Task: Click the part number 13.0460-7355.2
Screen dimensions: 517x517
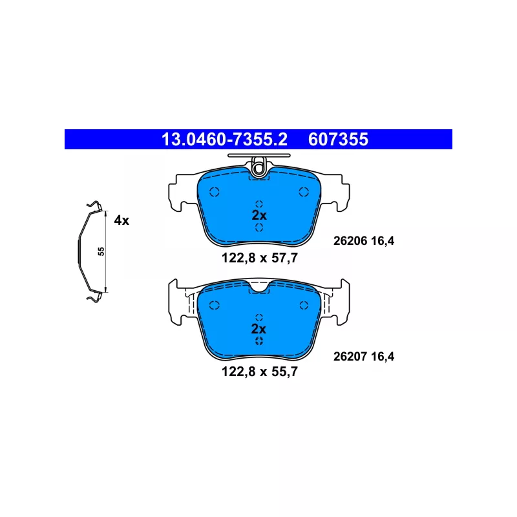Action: [x=224, y=140]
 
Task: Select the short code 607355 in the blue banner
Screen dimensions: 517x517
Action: [x=338, y=140]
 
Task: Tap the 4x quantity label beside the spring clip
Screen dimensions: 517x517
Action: [x=121, y=220]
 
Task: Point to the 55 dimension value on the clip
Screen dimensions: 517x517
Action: [x=101, y=251]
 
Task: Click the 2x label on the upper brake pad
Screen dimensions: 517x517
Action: [x=259, y=215]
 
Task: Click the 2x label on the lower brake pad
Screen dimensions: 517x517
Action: [x=258, y=329]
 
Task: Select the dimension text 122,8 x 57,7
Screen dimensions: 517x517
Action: [x=260, y=258]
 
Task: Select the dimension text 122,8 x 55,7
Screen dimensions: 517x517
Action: [x=260, y=372]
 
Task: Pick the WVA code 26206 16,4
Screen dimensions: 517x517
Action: [x=364, y=241]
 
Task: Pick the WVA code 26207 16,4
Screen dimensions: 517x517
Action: [x=364, y=357]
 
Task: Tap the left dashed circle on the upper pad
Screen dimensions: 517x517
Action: [x=215, y=191]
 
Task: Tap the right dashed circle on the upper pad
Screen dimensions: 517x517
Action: [x=304, y=191]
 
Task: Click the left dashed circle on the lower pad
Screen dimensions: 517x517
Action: [x=215, y=305]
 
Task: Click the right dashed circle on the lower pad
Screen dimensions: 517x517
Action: [x=304, y=305]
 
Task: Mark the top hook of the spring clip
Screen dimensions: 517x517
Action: [x=94, y=206]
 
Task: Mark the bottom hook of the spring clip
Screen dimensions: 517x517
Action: [x=94, y=297]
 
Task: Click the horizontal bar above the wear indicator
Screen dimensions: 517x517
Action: [x=259, y=155]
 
